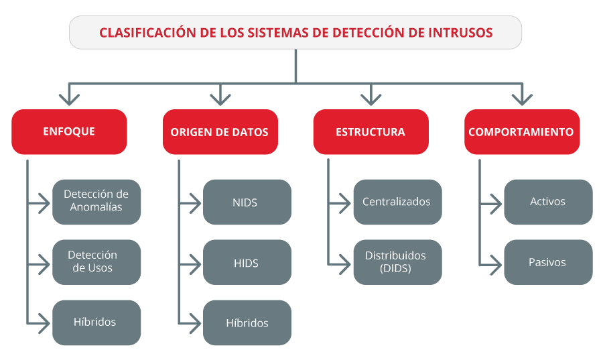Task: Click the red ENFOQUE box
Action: pos(69,132)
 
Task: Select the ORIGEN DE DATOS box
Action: pos(220,132)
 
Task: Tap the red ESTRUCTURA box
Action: pos(371,132)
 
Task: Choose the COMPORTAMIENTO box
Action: pos(522,132)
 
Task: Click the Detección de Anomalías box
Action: pos(96,202)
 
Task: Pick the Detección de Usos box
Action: pos(96,262)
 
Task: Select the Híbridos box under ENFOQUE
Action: pos(96,322)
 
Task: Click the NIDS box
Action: pos(247,202)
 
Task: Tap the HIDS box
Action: pos(247,262)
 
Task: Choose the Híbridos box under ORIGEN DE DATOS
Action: pos(247,322)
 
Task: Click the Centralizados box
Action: pos(397,202)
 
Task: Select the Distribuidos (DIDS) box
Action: pos(397,262)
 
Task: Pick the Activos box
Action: pos(548,202)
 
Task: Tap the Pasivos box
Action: pos(548,262)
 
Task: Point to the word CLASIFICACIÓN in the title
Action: pos(148,33)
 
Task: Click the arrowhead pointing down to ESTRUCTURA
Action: pos(371,100)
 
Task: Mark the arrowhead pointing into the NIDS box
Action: pos(196,202)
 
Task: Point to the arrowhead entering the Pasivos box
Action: pos(496,265)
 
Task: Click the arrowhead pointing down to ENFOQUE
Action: pos(69,100)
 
